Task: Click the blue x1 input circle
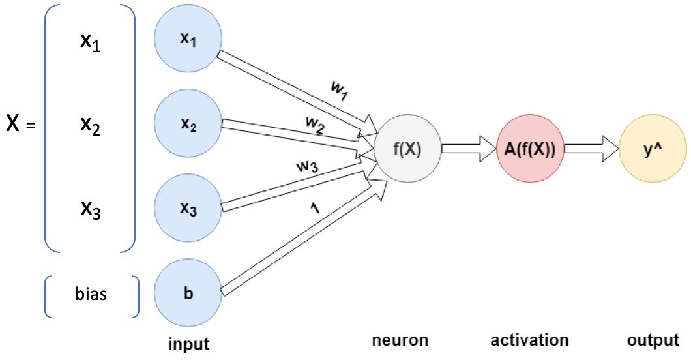click(x=188, y=38)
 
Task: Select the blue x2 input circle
click(x=188, y=125)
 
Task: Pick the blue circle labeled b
click(x=188, y=292)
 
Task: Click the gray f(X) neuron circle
click(x=408, y=147)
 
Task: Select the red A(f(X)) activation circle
click(x=529, y=147)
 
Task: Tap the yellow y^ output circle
click(x=652, y=147)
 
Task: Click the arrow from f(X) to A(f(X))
click(x=468, y=147)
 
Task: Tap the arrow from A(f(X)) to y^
click(x=591, y=147)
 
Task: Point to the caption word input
click(x=188, y=342)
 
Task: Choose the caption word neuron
click(x=400, y=340)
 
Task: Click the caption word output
click(x=653, y=340)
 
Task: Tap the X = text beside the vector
click(x=20, y=124)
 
